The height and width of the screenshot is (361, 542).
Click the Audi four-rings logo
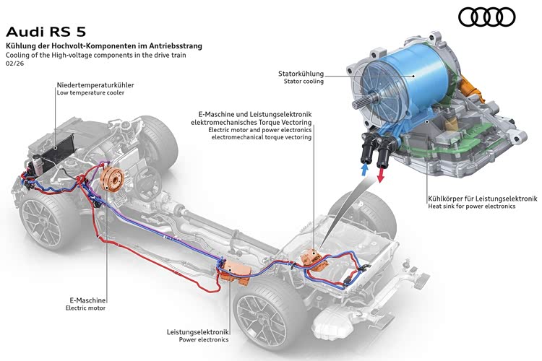coord(487,17)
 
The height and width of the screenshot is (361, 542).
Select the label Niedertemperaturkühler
coord(95,85)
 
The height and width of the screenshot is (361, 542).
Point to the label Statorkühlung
coord(301,74)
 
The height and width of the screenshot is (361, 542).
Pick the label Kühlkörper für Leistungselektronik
coord(482,198)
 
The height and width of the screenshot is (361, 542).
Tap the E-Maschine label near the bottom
coord(85,300)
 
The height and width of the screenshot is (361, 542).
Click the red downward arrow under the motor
coord(382,170)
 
